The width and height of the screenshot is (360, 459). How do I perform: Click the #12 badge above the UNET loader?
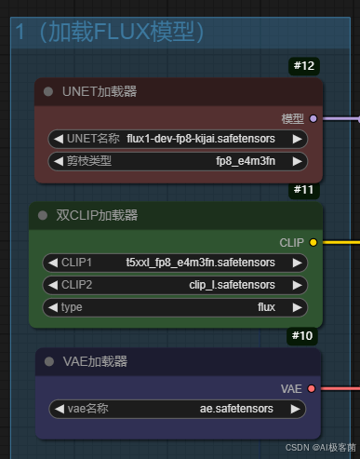pyautogui.click(x=304, y=66)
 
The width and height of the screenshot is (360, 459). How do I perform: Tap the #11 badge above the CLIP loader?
pyautogui.click(x=304, y=190)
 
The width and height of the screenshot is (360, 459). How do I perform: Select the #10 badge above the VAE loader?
pyautogui.click(x=304, y=335)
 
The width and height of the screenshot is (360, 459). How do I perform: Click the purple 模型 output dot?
pyautogui.click(x=313, y=118)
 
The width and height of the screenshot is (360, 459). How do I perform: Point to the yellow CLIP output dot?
pyautogui.click(x=313, y=242)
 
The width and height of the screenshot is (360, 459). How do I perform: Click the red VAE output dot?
pyautogui.click(x=313, y=387)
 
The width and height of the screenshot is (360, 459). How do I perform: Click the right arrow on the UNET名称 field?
pyautogui.click(x=297, y=139)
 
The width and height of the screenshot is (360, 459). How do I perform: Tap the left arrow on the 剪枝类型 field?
pyautogui.click(x=57, y=160)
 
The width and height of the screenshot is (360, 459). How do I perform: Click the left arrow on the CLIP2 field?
pyautogui.click(x=51, y=284)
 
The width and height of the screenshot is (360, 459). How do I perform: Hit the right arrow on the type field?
pyautogui.click(x=297, y=305)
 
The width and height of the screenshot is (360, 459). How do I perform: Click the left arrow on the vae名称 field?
pyautogui.click(x=58, y=408)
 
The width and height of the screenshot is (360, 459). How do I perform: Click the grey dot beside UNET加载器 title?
pyautogui.click(x=48, y=91)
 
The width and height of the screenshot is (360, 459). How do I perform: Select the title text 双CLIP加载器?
pyautogui.click(x=97, y=215)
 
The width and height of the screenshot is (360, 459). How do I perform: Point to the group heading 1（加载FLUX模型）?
pyautogui.click(x=109, y=32)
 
